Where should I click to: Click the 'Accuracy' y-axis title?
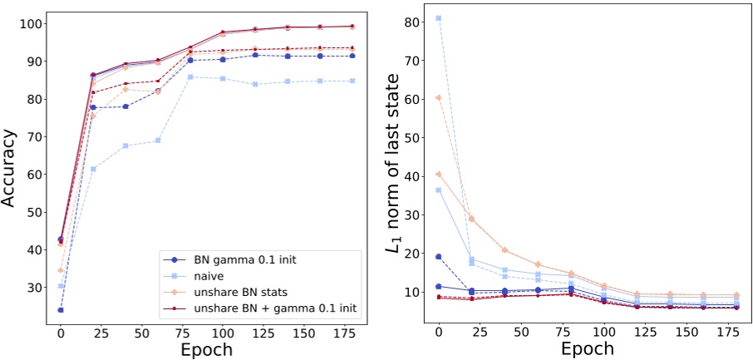(11, 165)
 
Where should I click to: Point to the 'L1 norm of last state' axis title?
(391, 165)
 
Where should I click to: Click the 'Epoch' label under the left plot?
(205, 349)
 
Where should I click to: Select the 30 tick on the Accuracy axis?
(34, 287)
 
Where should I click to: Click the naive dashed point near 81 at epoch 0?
(439, 18)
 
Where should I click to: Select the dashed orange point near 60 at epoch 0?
(439, 97)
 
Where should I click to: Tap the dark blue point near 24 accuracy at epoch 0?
(60, 310)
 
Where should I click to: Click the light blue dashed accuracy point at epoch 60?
(157, 141)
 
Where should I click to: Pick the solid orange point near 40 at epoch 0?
(439, 175)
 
